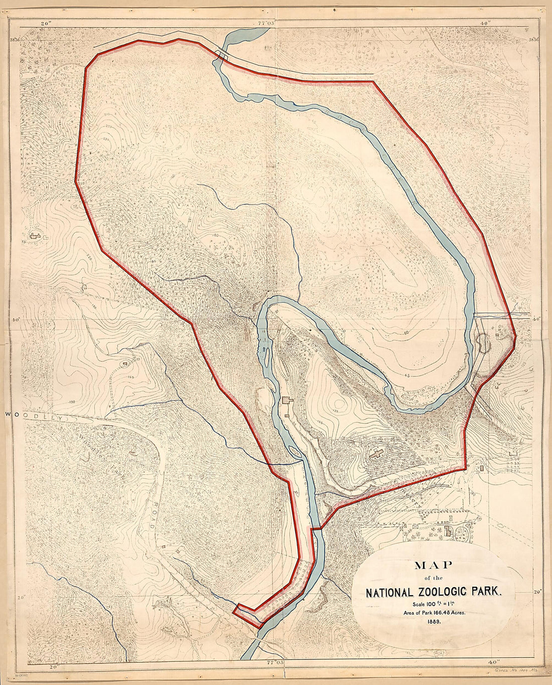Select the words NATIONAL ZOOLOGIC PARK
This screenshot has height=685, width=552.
pyautogui.click(x=434, y=592)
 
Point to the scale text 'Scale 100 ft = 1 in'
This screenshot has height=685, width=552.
pyautogui.click(x=434, y=604)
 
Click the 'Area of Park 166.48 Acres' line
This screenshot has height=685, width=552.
pyautogui.click(x=434, y=613)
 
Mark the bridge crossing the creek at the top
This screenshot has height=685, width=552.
pyautogui.click(x=221, y=56)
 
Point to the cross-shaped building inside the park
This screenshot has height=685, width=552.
pyautogui.click(x=376, y=456)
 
